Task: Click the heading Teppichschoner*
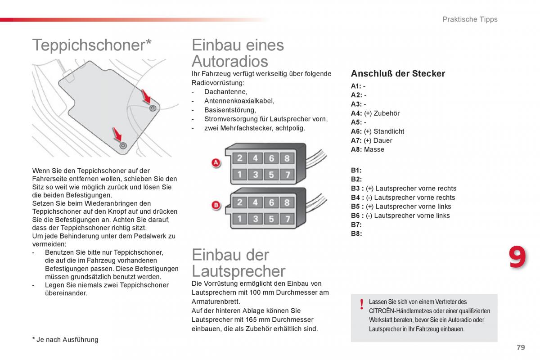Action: (x=92, y=45)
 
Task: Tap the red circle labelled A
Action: (x=216, y=163)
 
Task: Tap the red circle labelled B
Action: (x=216, y=206)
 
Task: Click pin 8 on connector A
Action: (x=287, y=158)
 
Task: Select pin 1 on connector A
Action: (x=239, y=174)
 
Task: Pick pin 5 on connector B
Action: (x=271, y=219)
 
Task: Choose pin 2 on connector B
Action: (x=239, y=202)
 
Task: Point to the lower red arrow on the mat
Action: (x=117, y=134)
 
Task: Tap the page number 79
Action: (x=521, y=347)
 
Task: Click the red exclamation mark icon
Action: (x=361, y=305)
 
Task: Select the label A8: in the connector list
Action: (x=356, y=149)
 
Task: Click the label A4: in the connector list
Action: (x=356, y=113)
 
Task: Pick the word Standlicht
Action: (x=389, y=131)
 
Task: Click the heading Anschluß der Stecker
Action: (x=398, y=74)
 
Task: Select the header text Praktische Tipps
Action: (x=470, y=19)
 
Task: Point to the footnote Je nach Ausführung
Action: (x=67, y=340)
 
